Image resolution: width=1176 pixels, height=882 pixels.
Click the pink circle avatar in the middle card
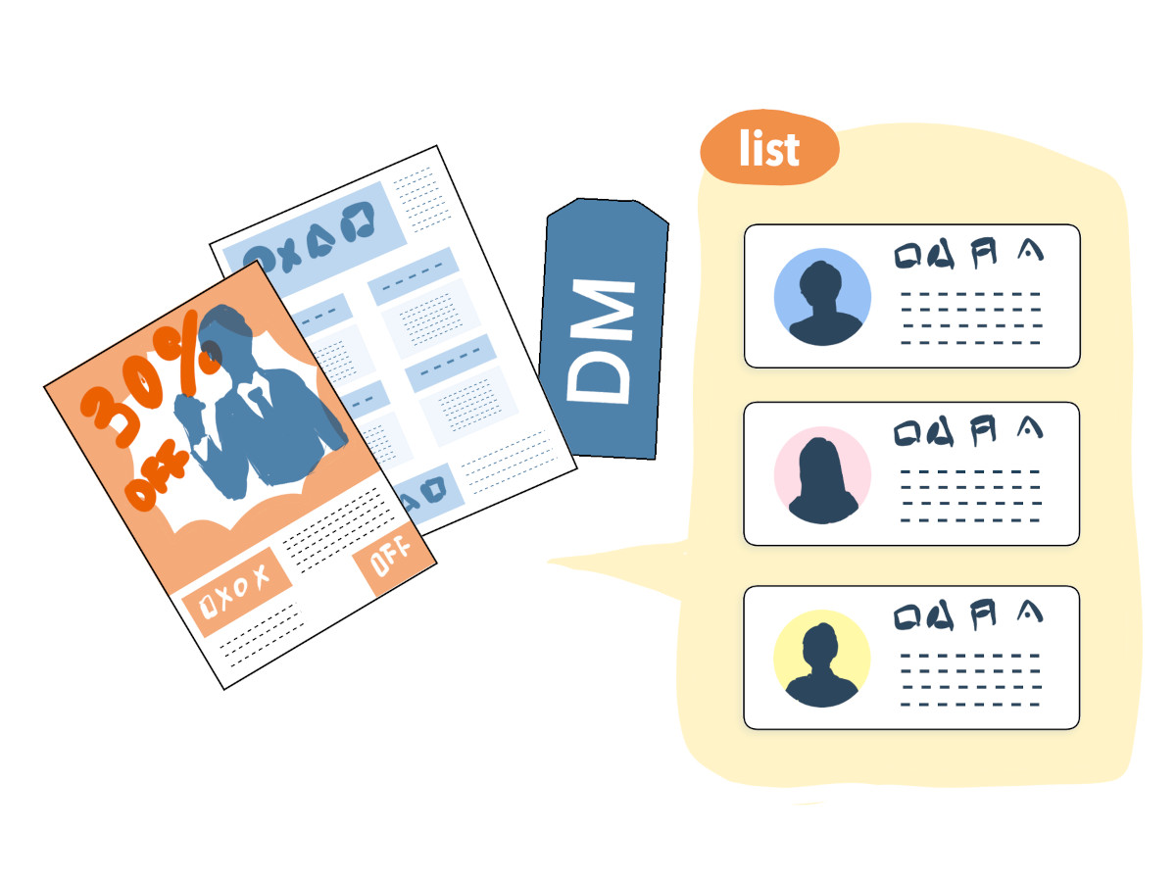821,475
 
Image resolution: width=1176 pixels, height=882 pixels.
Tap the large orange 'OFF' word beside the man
157,475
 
